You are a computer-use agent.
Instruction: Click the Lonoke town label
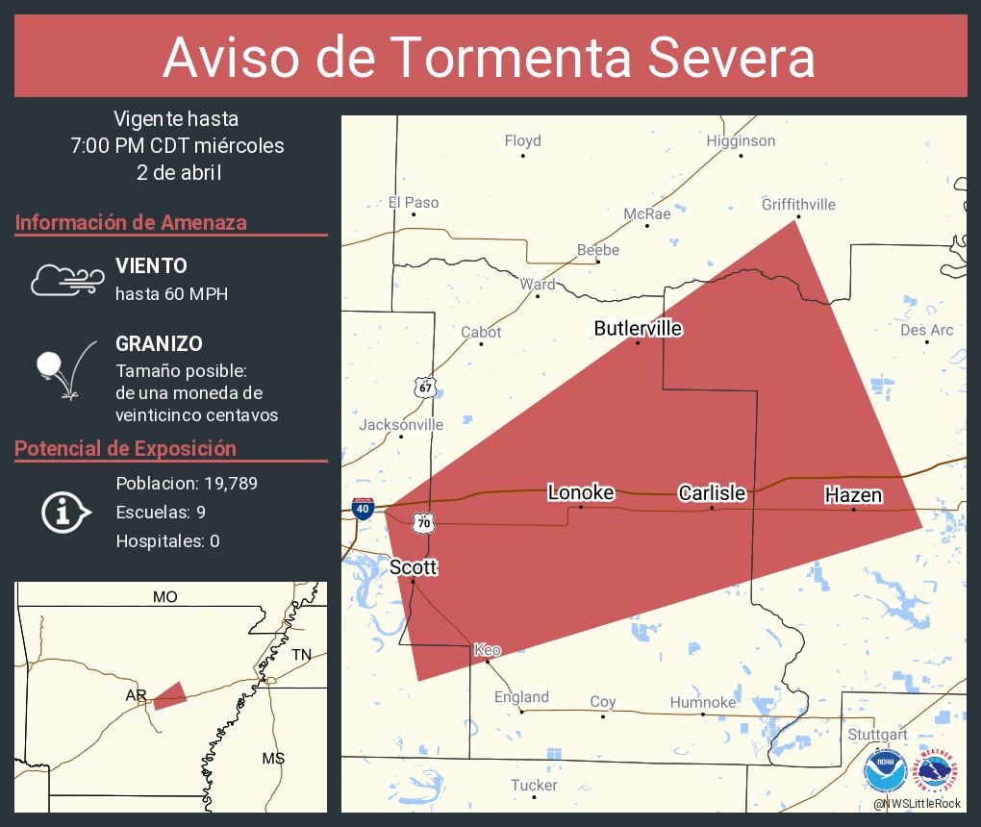[580, 492]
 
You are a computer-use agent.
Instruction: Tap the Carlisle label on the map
[712, 493]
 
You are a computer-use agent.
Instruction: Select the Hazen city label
[853, 495]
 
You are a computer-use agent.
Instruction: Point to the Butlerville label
[638, 329]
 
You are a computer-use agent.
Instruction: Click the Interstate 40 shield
[363, 509]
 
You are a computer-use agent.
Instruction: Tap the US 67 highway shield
[425, 387]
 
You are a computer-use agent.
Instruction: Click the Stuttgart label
[877, 735]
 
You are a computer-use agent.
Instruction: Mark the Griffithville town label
[798, 204]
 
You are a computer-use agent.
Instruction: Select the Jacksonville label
[401, 424]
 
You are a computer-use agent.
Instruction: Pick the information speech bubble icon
[65, 512]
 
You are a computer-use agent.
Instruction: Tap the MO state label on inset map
[164, 597]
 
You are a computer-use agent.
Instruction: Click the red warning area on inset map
[170, 695]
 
